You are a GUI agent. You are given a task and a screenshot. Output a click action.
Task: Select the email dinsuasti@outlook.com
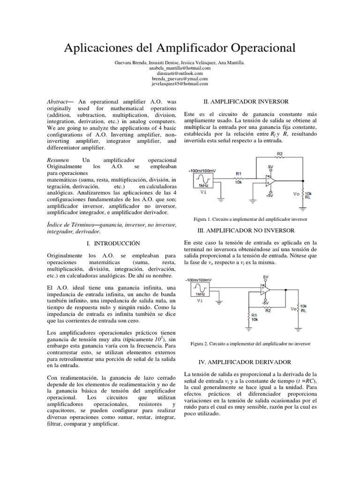coord(180,74)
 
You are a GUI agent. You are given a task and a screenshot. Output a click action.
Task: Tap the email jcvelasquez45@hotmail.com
coord(180,84)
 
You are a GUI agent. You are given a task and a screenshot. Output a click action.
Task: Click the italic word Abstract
coord(58,102)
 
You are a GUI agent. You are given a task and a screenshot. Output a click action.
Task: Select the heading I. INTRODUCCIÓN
coord(114,244)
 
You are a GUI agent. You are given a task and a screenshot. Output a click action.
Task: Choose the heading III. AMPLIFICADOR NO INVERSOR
coord(247,231)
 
